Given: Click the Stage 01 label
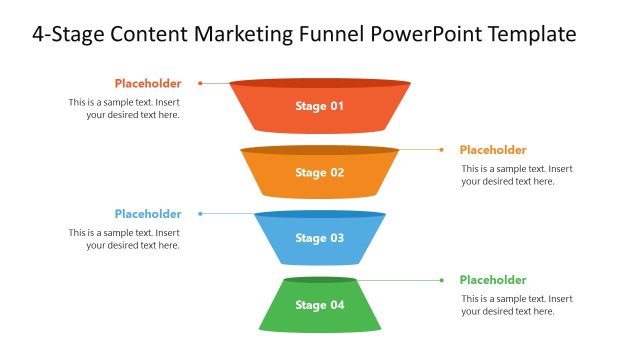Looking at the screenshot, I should (x=319, y=106).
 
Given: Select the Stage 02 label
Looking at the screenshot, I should (x=319, y=172).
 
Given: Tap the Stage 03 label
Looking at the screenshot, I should (x=319, y=238).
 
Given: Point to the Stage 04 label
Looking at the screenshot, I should (x=319, y=304).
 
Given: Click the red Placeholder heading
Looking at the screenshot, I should (x=148, y=83).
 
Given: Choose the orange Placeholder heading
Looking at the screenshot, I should (x=493, y=149).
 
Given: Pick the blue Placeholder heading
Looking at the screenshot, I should (x=148, y=214).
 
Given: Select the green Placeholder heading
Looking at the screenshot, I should (x=493, y=280).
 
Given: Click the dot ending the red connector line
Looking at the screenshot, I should (x=200, y=83).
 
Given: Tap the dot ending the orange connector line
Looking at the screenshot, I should (x=442, y=149).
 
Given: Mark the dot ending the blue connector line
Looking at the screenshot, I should (x=200, y=214).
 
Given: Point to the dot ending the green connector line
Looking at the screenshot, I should (x=441, y=280).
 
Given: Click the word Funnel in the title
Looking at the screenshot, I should (x=332, y=35).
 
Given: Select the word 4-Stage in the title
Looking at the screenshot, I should (x=66, y=35).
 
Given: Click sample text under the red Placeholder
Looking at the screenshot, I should (x=124, y=108).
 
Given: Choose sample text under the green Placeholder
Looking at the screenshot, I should (x=517, y=305).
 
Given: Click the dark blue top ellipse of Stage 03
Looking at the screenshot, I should (x=319, y=214).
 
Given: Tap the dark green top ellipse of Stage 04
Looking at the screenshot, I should (x=319, y=280).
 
